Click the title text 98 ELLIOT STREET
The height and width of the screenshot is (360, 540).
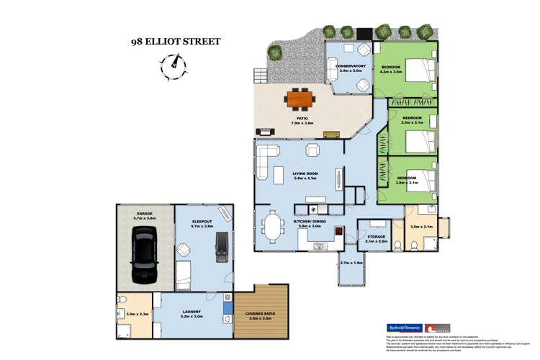(175, 42)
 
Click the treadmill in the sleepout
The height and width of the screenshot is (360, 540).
(222, 247)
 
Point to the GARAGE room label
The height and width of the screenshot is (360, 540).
(145, 213)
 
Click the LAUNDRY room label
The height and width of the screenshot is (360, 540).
(192, 312)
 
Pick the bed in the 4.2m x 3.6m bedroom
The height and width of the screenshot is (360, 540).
(420, 71)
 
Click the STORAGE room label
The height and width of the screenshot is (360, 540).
(376, 235)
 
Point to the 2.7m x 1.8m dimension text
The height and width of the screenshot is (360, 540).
(351, 263)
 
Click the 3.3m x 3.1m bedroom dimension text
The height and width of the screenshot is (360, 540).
(412, 123)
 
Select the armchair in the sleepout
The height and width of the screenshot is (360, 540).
(184, 251)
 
